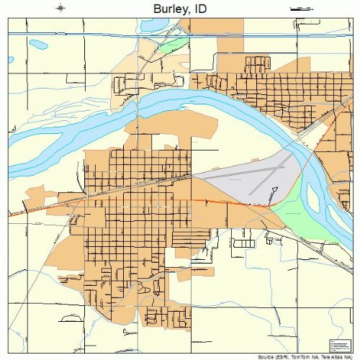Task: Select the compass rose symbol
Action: pyautogui.click(x=61, y=8)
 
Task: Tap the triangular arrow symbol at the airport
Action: pyautogui.click(x=274, y=191)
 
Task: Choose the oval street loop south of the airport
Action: pyautogui.click(x=244, y=244)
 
